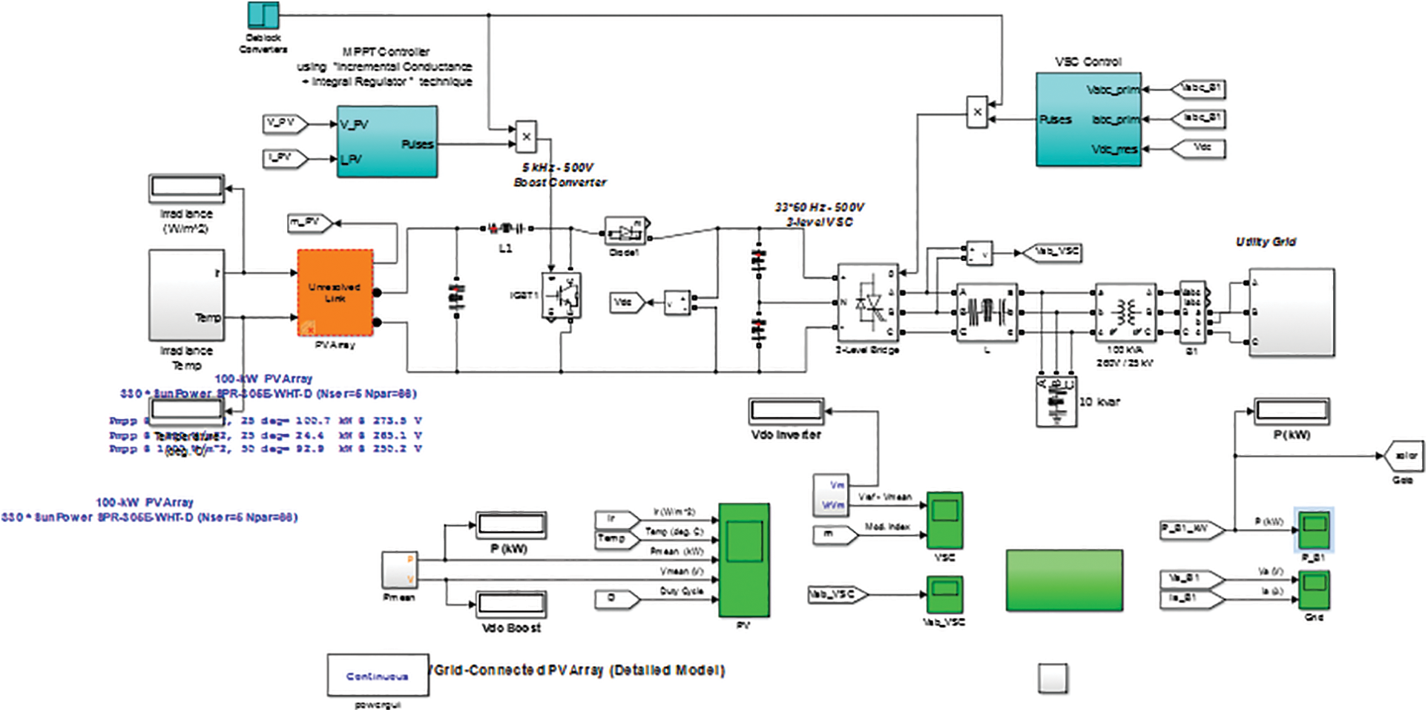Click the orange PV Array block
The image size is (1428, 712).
(x=335, y=293)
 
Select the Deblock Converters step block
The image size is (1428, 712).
(x=263, y=16)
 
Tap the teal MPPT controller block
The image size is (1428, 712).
(x=386, y=142)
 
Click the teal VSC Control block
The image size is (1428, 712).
(x=1088, y=119)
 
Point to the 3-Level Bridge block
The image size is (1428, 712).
(x=867, y=303)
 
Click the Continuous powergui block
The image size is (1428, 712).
(x=378, y=675)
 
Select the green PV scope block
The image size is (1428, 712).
(x=743, y=560)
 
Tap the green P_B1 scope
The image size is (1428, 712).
(x=1314, y=530)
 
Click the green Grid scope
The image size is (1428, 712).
(x=1314, y=590)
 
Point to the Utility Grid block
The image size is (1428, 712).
(x=1291, y=312)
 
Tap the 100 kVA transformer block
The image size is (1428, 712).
(x=1125, y=312)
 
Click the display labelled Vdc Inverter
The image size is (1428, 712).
(x=786, y=411)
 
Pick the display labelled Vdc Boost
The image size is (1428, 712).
(x=511, y=604)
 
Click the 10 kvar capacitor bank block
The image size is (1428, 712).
(x=1056, y=401)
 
